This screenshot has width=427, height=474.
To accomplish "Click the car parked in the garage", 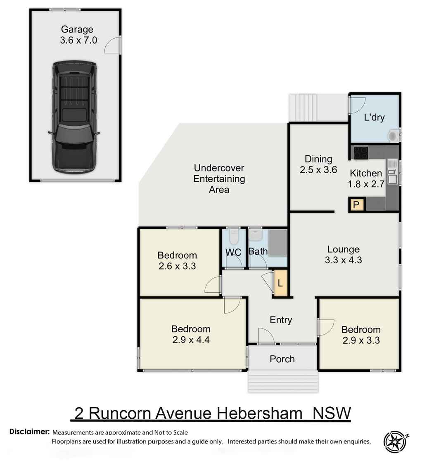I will pos(74,117).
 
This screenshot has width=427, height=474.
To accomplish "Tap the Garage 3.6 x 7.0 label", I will pos(77,35).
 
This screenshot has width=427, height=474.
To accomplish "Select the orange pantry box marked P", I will pos(356,204).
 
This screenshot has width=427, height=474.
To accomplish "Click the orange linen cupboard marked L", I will pos(280,283).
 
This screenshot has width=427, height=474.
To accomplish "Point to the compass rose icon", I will pos(396,442).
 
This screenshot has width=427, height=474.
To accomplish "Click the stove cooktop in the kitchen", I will pos(361,153).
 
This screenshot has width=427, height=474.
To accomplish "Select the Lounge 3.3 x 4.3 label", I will pos(343,255).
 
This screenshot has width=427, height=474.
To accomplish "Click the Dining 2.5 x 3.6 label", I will pos(318,164).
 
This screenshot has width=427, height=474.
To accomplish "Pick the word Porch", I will pos(282,359).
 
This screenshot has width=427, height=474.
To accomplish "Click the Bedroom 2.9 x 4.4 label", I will pos(191,334).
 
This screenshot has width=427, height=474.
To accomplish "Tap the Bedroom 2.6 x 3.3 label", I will pos(177,260).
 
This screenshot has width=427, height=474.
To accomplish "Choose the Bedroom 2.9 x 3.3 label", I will pos(361,335).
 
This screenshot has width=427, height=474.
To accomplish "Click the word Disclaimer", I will pos(29,432).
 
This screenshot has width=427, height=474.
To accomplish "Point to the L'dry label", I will pos(374,117).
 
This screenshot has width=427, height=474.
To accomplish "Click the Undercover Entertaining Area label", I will pos(219,179).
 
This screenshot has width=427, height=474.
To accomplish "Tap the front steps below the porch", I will pos(283,381).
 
